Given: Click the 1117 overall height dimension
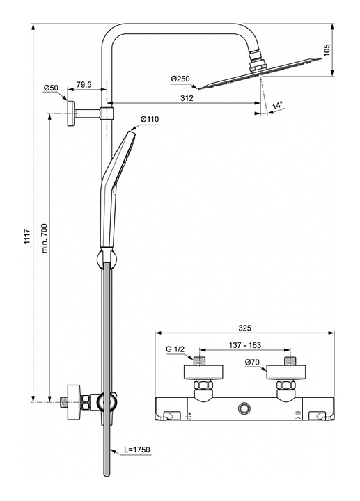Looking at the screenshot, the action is [28, 237].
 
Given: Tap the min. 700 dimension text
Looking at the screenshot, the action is [44, 239].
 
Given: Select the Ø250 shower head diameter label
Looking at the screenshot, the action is [180, 79].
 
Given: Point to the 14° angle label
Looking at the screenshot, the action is [278, 105].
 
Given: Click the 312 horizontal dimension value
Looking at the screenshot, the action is [187, 98].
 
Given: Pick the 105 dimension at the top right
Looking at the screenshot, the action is [327, 50].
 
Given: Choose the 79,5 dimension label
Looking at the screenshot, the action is [84, 84].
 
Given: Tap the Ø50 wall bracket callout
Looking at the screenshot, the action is [51, 88].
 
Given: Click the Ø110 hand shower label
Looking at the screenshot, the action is [149, 119].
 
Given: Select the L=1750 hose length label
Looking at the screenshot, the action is [137, 450].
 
